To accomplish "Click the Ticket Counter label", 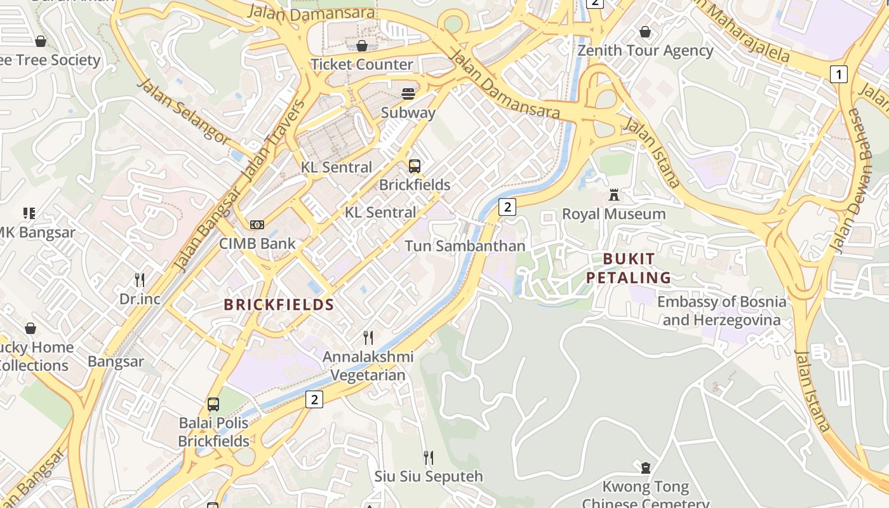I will (x=362, y=64).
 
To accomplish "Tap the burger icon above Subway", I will (x=408, y=95).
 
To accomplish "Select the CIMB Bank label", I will (x=257, y=243).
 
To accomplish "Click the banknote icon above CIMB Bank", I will (x=257, y=225).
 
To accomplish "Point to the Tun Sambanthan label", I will (x=465, y=246).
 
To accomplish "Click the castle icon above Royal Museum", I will (x=613, y=195).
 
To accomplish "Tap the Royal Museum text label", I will (x=613, y=214).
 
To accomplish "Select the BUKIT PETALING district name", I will (x=628, y=268).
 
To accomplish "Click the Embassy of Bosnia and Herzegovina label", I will (x=721, y=311).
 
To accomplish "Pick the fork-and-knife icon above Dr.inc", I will (x=140, y=279).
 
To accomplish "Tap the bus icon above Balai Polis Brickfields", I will (x=213, y=404).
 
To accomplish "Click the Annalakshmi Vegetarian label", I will (x=368, y=366).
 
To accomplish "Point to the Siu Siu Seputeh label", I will (x=429, y=476).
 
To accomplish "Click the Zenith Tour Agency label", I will (x=645, y=50).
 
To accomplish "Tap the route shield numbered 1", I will (x=839, y=74).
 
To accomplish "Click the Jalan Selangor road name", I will (x=183, y=112).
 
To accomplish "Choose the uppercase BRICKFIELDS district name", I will (x=279, y=305).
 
